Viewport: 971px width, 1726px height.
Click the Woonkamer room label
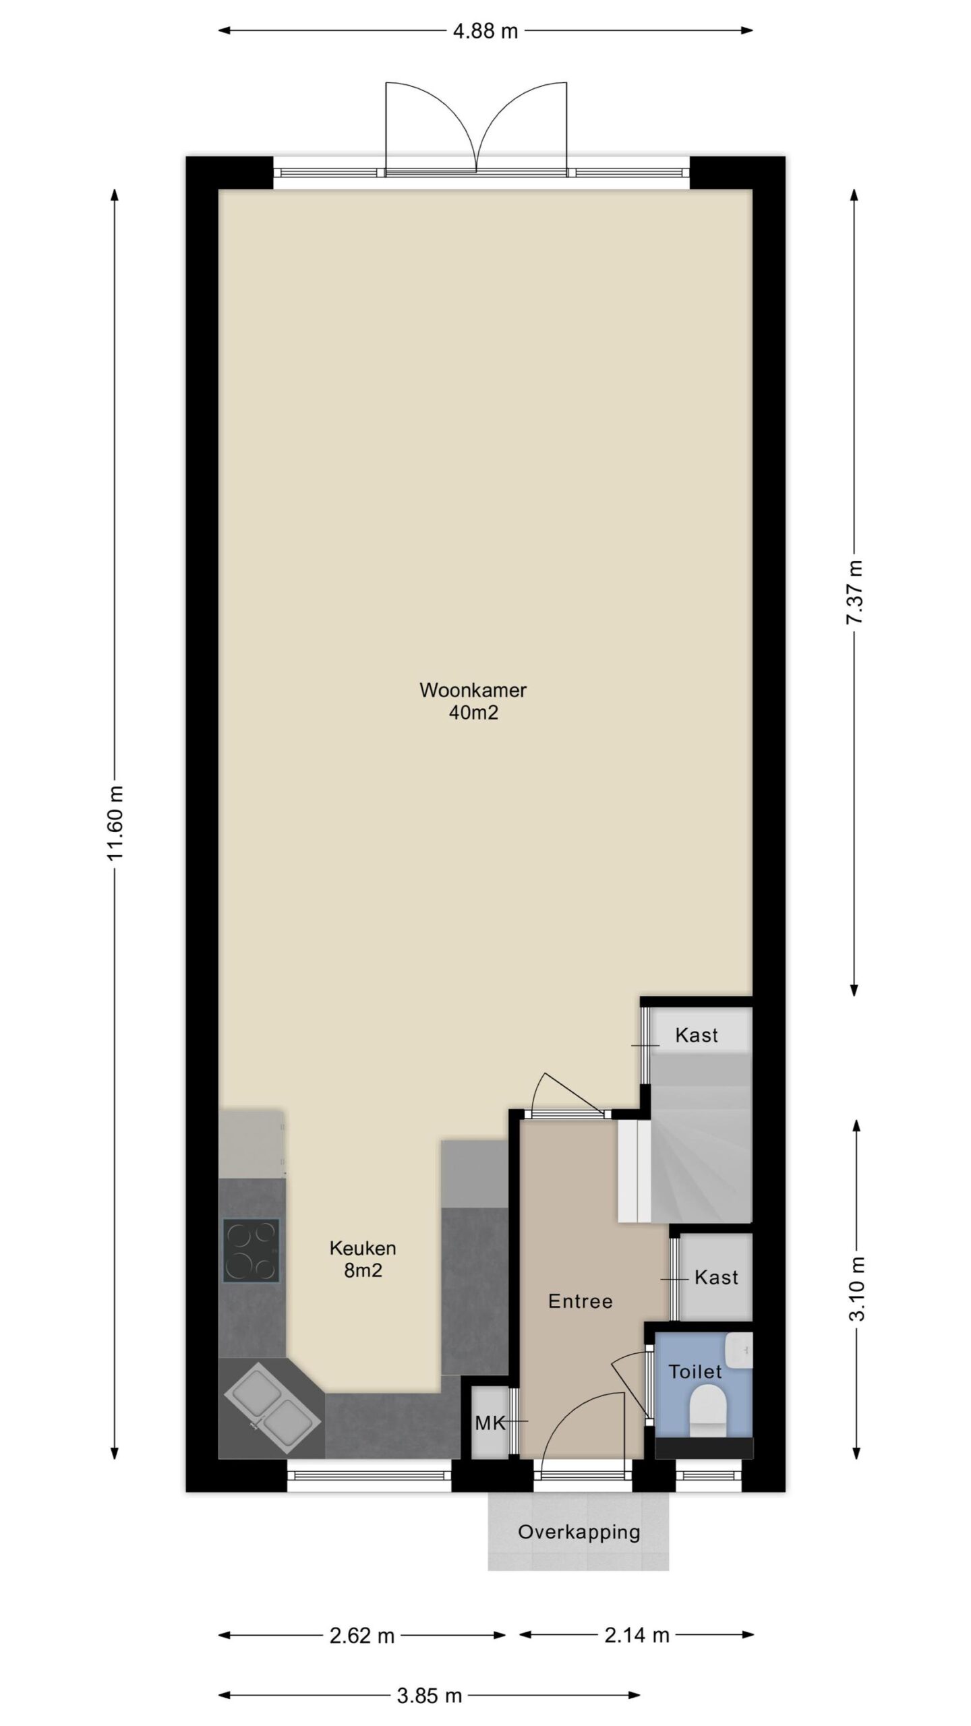(x=473, y=690)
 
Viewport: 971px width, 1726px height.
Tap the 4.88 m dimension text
(x=485, y=31)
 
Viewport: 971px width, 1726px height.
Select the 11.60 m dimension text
(x=116, y=822)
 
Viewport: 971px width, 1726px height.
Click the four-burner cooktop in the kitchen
(x=251, y=1250)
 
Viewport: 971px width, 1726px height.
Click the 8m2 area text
(x=363, y=1270)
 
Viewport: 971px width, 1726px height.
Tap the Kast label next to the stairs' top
(x=697, y=1035)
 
